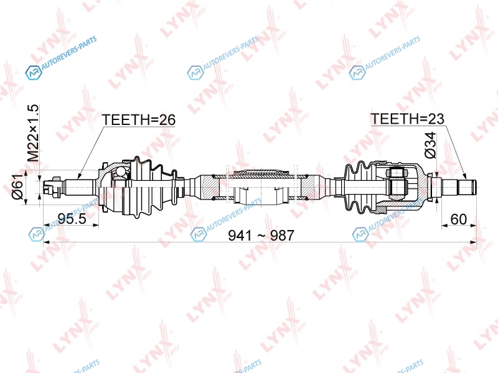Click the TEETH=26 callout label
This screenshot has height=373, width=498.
(x=138, y=120)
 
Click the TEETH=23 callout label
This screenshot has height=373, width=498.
(x=407, y=119)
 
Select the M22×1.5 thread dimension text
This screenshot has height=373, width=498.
(x=33, y=133)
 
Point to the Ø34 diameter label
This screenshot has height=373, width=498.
(x=431, y=145)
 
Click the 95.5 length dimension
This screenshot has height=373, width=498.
(x=72, y=218)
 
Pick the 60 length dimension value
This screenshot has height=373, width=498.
(x=459, y=219)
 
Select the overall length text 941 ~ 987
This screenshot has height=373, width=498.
(x=261, y=236)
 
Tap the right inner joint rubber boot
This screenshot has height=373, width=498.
(x=360, y=187)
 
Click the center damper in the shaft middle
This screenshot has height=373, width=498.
(x=260, y=187)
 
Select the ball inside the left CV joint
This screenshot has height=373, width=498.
(x=121, y=172)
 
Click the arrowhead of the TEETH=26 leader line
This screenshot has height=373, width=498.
(x=79, y=175)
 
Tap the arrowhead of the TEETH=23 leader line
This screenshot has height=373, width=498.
(x=464, y=177)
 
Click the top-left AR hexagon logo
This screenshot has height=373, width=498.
(x=34, y=73)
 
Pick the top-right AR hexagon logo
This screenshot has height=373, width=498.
(x=357, y=73)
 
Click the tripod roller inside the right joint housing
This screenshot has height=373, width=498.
(x=397, y=186)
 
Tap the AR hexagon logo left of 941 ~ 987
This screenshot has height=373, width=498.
(x=199, y=234)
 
